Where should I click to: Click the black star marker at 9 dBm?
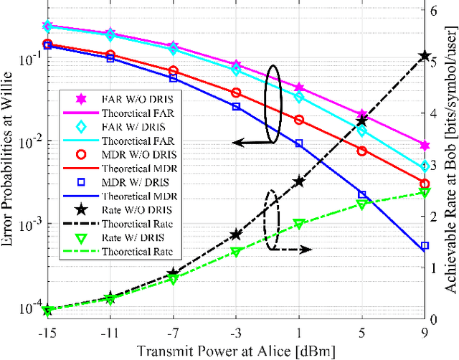coord(424,55)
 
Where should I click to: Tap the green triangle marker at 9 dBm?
coord(424,192)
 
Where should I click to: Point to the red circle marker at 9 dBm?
coord(424,184)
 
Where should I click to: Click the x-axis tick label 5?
coord(362,332)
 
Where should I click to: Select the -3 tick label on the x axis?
coord(235,332)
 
